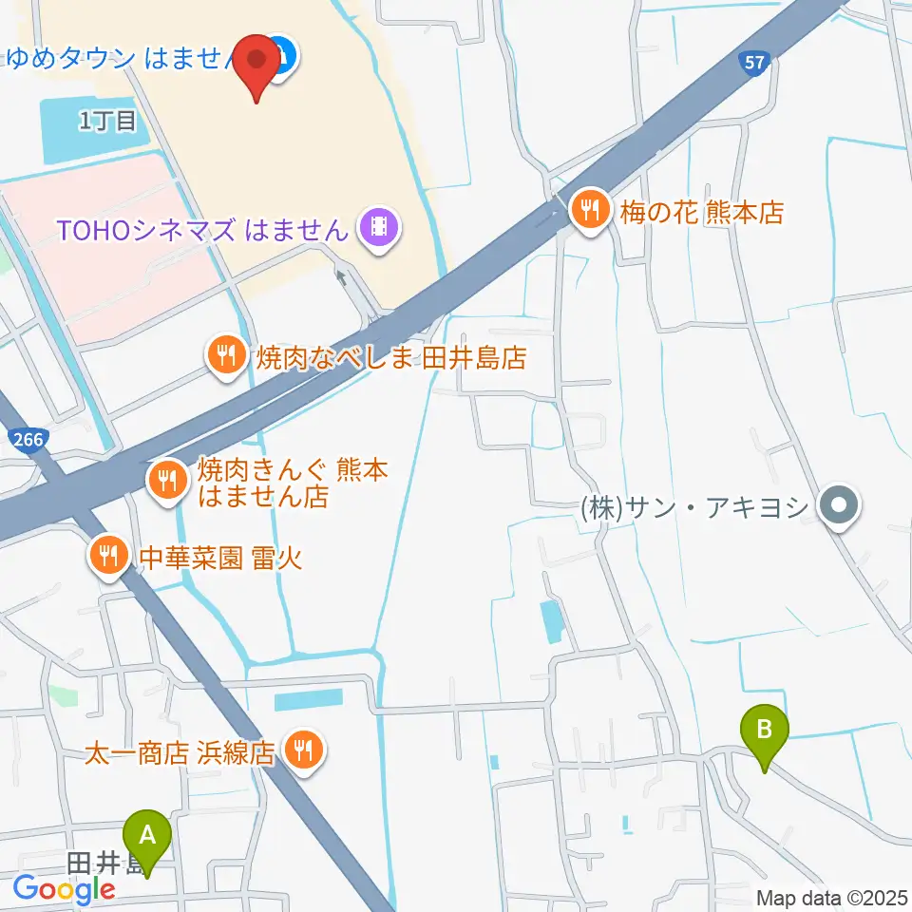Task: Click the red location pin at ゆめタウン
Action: pyautogui.click(x=257, y=62)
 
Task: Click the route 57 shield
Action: pyautogui.click(x=752, y=62)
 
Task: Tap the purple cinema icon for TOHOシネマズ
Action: pyautogui.click(x=379, y=228)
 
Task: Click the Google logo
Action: pyautogui.click(x=64, y=890)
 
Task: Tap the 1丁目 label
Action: pyautogui.click(x=108, y=120)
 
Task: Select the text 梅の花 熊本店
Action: pyautogui.click(x=702, y=212)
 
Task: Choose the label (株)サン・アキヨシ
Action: pyautogui.click(x=693, y=507)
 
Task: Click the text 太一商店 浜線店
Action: pyautogui.click(x=180, y=754)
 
